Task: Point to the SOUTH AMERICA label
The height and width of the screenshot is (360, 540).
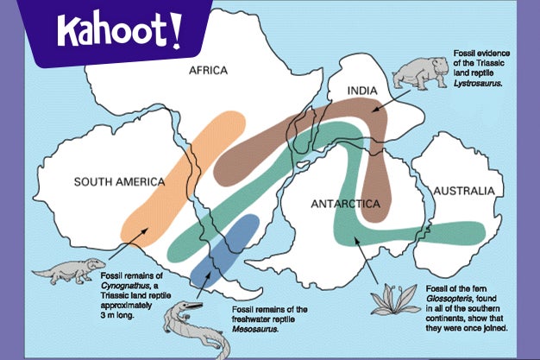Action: coord(118,181)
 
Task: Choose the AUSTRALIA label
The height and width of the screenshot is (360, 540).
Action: coord(464,190)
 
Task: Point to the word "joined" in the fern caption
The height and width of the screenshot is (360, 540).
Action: coord(491,329)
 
